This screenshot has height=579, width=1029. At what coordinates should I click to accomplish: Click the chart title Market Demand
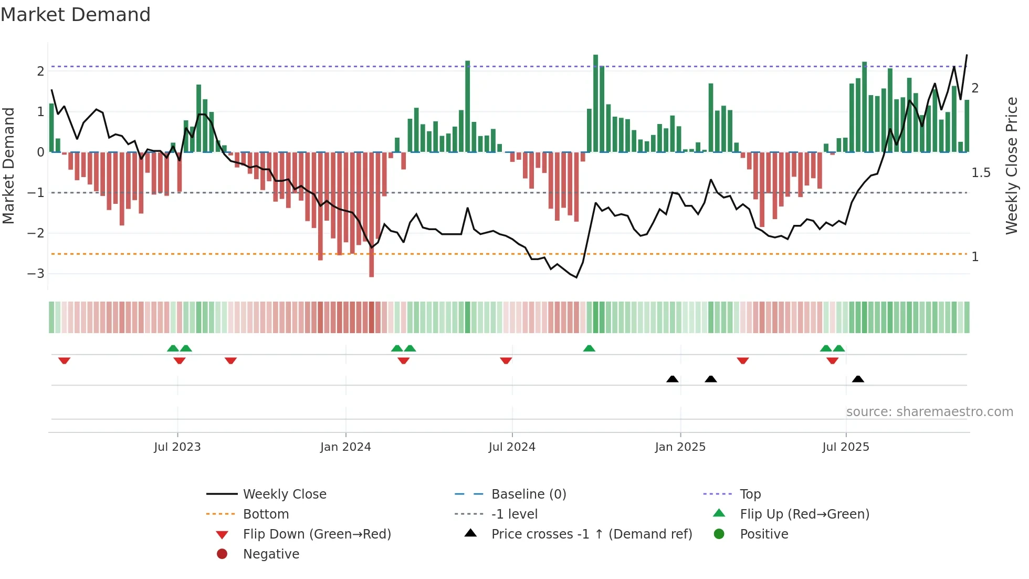click(76, 15)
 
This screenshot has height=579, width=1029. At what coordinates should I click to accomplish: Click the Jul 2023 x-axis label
click(177, 447)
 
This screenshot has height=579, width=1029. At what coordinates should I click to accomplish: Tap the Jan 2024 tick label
click(345, 447)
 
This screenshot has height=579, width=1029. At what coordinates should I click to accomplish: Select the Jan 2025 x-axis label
click(680, 447)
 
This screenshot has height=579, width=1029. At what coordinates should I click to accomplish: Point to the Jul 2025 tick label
click(846, 447)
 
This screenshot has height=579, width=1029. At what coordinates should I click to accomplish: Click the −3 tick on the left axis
click(36, 274)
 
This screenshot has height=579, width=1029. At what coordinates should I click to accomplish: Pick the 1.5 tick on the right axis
click(981, 173)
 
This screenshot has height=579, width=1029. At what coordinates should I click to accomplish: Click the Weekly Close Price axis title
click(1012, 166)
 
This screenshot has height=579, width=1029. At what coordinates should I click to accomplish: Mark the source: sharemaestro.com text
click(929, 412)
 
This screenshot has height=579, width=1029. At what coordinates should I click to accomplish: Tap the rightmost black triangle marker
click(858, 379)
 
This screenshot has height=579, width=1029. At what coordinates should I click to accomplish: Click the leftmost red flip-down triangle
click(64, 360)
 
